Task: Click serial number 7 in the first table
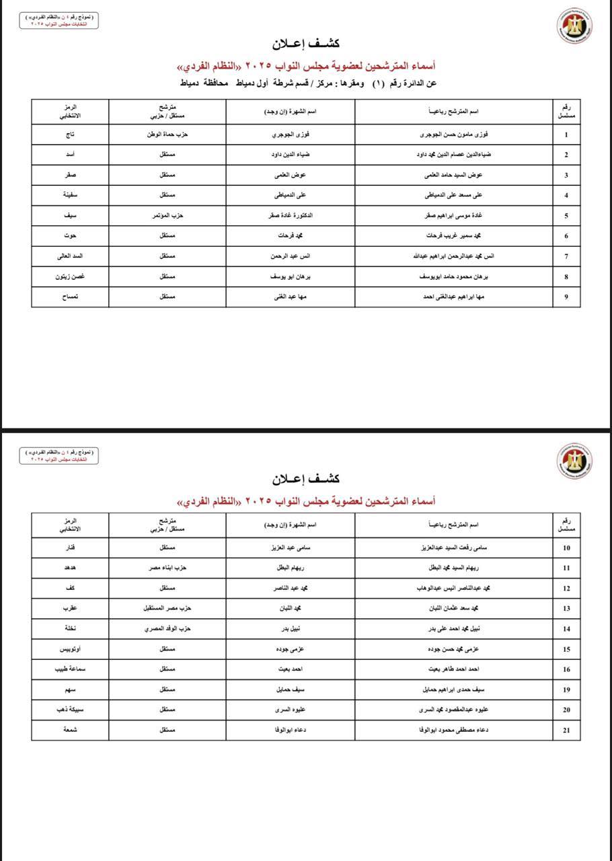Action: coord(566,256)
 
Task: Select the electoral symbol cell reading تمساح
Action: coord(70,297)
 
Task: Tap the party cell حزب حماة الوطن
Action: coord(167,135)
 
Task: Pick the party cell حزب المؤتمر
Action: coord(167,216)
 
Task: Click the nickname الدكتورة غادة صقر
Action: coord(290,216)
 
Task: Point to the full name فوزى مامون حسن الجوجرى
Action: coord(454,135)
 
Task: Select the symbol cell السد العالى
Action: coord(70,256)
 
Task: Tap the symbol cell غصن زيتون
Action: coord(70,276)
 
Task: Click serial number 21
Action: coord(566,731)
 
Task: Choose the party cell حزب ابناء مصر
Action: coord(167,568)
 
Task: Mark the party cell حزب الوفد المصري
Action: coord(167,629)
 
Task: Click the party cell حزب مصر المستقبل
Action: coord(167,609)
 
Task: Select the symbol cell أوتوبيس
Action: coord(70,649)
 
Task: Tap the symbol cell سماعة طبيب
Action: coord(70,669)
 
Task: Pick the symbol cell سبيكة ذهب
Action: coord(70,710)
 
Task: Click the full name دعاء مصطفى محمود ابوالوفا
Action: coord(454,730)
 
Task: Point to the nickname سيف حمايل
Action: coord(290,689)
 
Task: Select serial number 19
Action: coord(566,690)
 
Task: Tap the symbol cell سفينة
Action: coord(70,196)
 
